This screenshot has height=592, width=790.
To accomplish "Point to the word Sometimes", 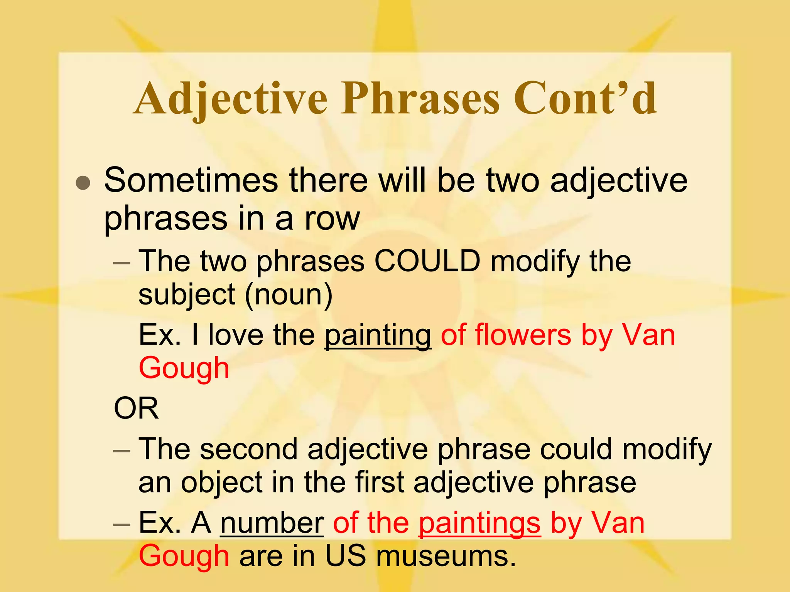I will (191, 180).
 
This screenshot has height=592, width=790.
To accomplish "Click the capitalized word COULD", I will (427, 261).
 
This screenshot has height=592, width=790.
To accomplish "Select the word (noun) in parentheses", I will (289, 295).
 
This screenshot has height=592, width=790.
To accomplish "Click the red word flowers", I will (523, 335).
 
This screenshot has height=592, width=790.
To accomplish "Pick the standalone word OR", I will (136, 409).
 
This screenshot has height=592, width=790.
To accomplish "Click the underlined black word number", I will (272, 523).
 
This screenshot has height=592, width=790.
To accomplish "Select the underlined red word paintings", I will (480, 523).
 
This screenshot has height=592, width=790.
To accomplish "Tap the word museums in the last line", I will (446, 556).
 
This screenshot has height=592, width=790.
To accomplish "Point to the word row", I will (332, 219).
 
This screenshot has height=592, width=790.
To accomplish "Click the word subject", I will (187, 295).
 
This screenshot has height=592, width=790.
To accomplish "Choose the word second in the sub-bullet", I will (249, 449).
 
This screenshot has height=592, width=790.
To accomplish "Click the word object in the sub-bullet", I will (222, 482).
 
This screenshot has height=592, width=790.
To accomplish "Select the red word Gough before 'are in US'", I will (184, 556).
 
